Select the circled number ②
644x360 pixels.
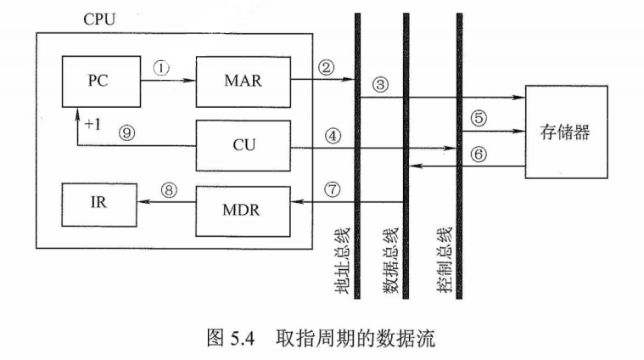click(x=326, y=66)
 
